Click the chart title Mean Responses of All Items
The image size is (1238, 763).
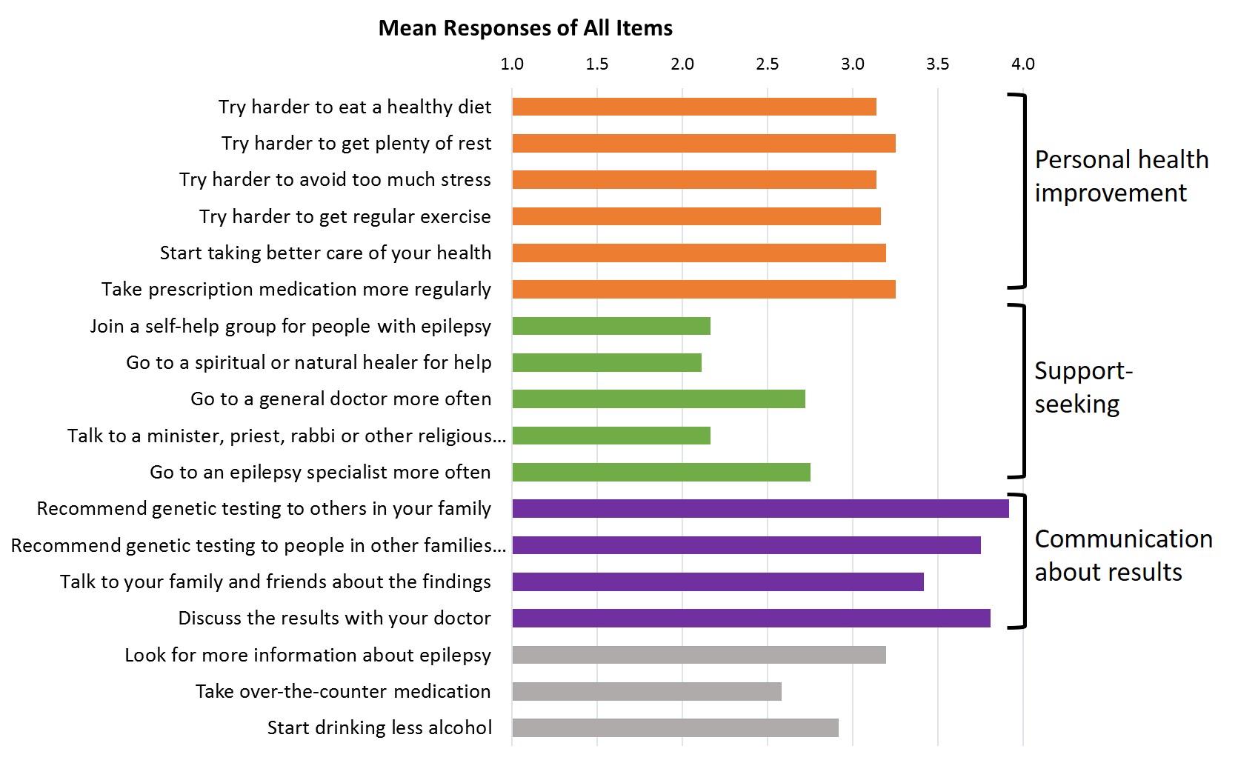tap(525, 28)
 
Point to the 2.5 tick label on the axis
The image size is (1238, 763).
tap(767, 64)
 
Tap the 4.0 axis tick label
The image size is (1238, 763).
tap(1022, 64)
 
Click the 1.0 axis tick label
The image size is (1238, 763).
tap(512, 64)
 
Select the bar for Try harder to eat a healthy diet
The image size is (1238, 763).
tap(694, 107)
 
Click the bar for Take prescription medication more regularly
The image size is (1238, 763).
tap(704, 289)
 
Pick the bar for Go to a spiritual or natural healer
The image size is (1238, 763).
tap(607, 362)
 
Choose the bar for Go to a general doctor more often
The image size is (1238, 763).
tap(659, 399)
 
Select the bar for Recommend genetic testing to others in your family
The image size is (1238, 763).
tap(760, 508)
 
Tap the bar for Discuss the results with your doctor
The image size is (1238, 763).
tap(751, 618)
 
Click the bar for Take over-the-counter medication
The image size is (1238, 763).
tap(647, 691)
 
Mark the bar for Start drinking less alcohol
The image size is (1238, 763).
tap(675, 727)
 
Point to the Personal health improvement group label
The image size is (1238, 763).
tap(1121, 176)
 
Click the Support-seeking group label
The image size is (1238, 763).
tap(1083, 387)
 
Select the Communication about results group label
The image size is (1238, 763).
tap(1123, 556)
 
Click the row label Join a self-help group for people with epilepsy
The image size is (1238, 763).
tap(290, 326)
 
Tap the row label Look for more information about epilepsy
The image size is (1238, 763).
tap(307, 655)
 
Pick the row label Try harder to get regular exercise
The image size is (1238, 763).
tap(345, 216)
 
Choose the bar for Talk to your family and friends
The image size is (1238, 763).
tap(718, 582)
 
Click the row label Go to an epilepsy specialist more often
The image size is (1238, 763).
tap(320, 472)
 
